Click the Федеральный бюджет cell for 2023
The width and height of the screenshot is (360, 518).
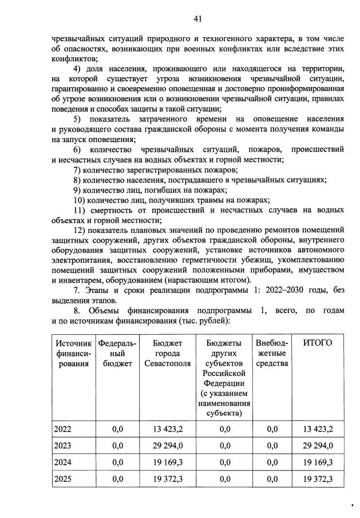point(117,445)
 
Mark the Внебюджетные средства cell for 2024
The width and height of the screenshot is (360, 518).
point(272,462)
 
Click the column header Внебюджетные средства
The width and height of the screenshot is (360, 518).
point(272,353)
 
